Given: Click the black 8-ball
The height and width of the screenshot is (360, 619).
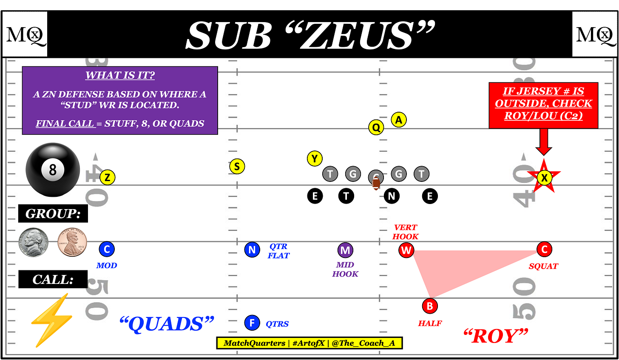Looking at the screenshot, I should pos(53,169).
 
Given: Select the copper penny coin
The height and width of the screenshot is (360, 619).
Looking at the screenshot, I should pos(72,242).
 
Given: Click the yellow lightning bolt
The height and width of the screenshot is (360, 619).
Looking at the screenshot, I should pos(51,320).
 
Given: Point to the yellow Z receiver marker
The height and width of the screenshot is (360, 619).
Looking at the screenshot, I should pos(108,177).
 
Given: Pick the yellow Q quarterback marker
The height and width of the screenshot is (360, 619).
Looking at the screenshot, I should pos(376,127).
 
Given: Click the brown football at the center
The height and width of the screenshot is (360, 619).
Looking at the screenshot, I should pos(376,183).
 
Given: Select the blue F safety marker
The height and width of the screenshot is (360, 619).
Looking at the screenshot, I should pos(252,323).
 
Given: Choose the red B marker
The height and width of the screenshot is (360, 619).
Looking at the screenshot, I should pos(430,306).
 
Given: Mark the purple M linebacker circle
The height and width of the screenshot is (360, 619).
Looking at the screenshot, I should pos(345,250).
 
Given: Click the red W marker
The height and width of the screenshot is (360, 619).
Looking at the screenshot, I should pos(406,250).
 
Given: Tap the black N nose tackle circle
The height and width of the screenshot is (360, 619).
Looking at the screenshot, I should pos(392,196).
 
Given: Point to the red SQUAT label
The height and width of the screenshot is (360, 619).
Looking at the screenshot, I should pos(543,266).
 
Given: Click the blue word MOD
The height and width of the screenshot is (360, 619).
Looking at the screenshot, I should pos(107,266).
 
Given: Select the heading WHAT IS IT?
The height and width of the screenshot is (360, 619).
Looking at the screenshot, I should pos(120,75).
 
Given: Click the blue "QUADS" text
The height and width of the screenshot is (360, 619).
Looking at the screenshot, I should pos(167,324).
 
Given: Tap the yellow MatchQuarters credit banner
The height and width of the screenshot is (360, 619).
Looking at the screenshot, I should pos(309,343).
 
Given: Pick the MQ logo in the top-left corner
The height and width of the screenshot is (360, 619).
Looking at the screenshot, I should pos(25,34).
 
